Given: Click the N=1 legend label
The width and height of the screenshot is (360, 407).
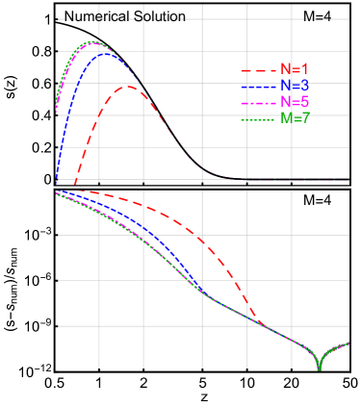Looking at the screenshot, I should pos(295,69).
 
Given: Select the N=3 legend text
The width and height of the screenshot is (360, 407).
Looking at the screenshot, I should pos(295,86).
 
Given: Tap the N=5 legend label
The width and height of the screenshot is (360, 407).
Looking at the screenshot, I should pos(295,102).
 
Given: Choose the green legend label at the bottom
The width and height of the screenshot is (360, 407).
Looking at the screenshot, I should pos(295,118).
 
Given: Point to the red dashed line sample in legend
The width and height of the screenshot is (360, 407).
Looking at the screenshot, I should pos(258,70).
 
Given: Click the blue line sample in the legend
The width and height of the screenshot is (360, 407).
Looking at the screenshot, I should pos(258,87).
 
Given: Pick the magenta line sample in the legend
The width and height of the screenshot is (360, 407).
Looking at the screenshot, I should pos(258,103).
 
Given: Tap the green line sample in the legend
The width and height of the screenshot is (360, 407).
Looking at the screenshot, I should pos(258,119).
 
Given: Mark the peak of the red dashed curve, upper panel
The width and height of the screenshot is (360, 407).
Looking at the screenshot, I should pos(128,87).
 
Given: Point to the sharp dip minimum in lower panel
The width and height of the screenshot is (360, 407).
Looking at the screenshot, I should pos(319,369).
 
